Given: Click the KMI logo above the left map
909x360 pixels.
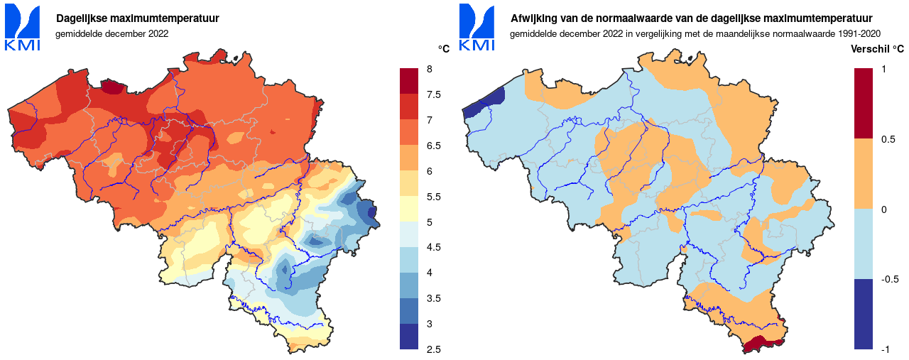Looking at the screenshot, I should (x=23, y=27).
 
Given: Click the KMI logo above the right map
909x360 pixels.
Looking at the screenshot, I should (x=477, y=27).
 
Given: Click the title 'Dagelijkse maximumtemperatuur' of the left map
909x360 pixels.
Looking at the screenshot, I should (x=137, y=18).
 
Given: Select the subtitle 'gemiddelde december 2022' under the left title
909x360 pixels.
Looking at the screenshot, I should (x=111, y=33).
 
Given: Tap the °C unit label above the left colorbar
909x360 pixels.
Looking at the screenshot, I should (x=444, y=49).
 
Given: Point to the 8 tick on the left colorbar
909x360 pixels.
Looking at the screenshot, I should (x=429, y=69).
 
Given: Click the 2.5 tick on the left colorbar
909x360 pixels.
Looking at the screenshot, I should (x=432, y=349).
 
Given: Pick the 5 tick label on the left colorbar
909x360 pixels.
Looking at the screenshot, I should (x=429, y=222).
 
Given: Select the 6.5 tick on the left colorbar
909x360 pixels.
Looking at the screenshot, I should (x=432, y=146).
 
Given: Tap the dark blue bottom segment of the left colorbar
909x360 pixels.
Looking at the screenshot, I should (x=409, y=337).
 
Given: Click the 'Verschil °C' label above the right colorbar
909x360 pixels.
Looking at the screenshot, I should (x=877, y=49).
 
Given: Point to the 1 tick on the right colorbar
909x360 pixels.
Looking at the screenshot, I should (x=883, y=69).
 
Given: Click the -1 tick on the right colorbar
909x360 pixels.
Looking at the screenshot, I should (x=885, y=349).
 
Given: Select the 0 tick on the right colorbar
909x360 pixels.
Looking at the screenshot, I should (x=883, y=209).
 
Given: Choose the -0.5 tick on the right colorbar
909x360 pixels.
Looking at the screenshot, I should (x=888, y=279).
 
